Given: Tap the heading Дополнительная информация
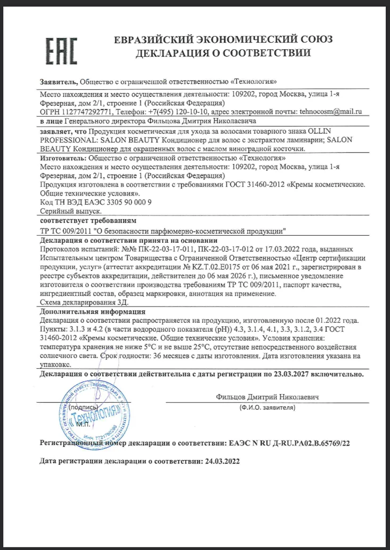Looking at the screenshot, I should coord(92,311).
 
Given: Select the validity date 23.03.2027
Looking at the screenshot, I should coord(294,375).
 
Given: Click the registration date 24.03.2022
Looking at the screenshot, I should coord(222,462).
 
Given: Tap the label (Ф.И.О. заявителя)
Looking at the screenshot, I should coord(267,407).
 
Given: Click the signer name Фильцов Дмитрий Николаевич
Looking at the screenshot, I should coord(268,397).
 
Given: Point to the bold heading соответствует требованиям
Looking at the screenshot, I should coord(88,220).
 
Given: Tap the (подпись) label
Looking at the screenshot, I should coord(83,407).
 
